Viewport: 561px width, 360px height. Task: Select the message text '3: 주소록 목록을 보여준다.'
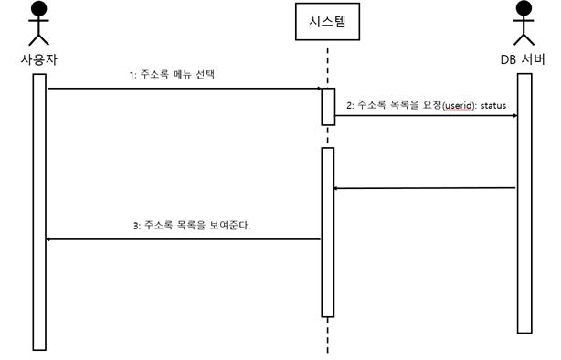point(192,225)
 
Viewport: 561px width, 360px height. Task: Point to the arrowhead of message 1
point(316,89)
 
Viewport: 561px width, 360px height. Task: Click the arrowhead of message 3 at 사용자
point(51,239)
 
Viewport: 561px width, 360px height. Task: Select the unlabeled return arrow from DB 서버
point(425,188)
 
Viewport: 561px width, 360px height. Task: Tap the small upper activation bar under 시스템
point(328,106)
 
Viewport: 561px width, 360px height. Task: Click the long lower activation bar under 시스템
point(328,232)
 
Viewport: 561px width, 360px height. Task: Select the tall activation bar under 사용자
point(39,210)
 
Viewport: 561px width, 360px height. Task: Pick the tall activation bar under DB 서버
point(524,203)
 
